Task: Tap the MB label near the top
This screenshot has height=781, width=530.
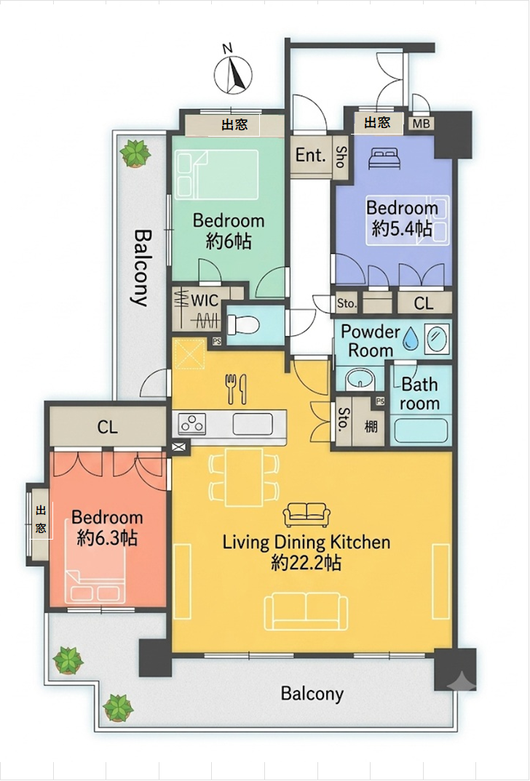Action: [x=422, y=122]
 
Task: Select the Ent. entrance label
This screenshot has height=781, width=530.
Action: [x=311, y=155]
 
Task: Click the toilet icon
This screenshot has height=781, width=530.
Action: [x=243, y=325]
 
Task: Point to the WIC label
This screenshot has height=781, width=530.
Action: [x=205, y=300]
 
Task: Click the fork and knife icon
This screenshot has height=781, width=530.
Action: [x=237, y=388]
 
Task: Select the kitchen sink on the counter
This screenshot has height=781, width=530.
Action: [x=253, y=424]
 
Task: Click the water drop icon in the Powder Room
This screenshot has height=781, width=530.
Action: [x=411, y=337]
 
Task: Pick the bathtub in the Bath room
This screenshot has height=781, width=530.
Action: [x=422, y=430]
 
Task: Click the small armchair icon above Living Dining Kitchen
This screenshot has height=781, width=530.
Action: [x=306, y=515]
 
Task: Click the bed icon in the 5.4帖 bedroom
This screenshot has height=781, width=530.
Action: [x=384, y=159]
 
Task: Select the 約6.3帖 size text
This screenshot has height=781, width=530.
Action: [x=107, y=538]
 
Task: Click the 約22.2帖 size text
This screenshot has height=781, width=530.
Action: [x=306, y=563]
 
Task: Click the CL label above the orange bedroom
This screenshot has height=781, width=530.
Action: [x=108, y=427]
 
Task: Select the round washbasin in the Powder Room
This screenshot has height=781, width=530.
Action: [x=358, y=379]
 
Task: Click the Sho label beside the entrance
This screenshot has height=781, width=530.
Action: [x=341, y=156]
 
